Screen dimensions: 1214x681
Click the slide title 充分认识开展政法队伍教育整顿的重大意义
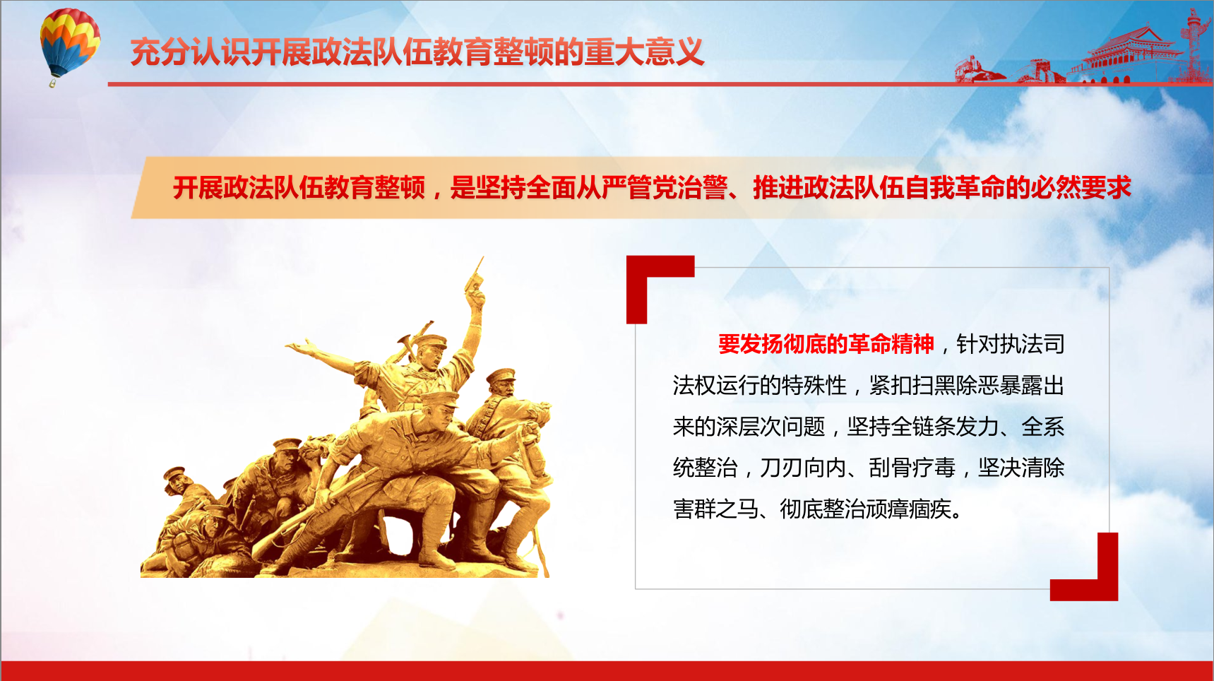417,52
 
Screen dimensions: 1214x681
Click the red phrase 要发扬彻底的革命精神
826,344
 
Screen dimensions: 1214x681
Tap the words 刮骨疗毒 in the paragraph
912,468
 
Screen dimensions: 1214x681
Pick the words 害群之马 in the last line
716,509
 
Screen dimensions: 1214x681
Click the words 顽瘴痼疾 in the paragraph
909,509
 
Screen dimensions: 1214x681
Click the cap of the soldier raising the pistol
430,341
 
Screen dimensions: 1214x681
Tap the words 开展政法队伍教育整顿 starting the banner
299,188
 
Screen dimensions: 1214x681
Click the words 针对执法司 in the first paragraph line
1011,344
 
